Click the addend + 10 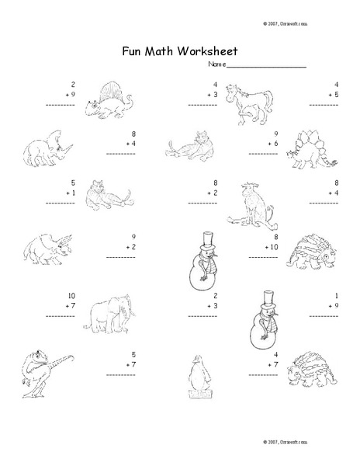click(269, 247)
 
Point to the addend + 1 click(68, 193)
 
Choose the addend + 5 click(333, 94)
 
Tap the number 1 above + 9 click(337, 296)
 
